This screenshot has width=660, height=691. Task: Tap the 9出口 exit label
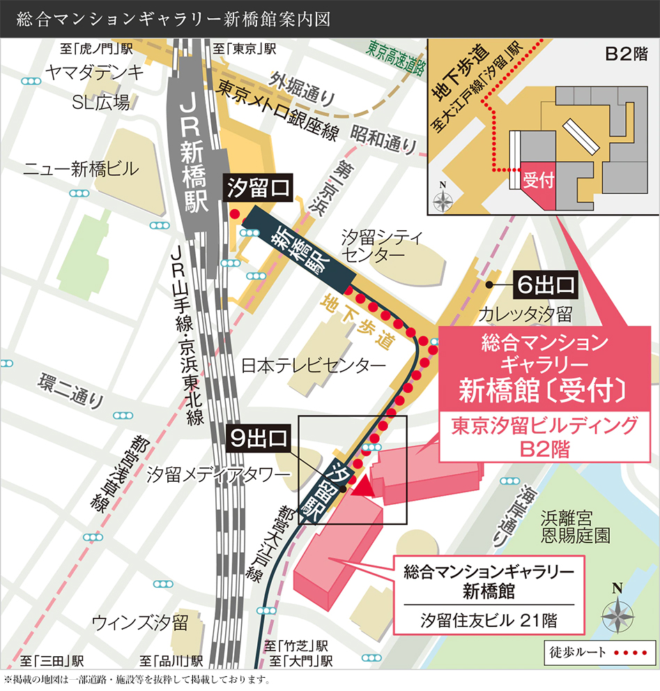click(x=259, y=439)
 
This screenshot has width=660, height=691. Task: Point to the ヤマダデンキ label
click(x=94, y=72)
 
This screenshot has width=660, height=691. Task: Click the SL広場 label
click(x=101, y=103)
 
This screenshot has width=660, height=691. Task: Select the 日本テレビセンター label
click(x=313, y=365)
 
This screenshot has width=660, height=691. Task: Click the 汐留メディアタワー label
click(x=217, y=475)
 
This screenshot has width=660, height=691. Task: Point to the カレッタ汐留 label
click(x=525, y=314)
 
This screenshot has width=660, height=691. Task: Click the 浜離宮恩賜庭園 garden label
click(x=575, y=526)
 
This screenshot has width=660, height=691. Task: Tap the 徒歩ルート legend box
click(x=598, y=653)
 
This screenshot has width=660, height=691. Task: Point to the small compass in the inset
click(x=443, y=199)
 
